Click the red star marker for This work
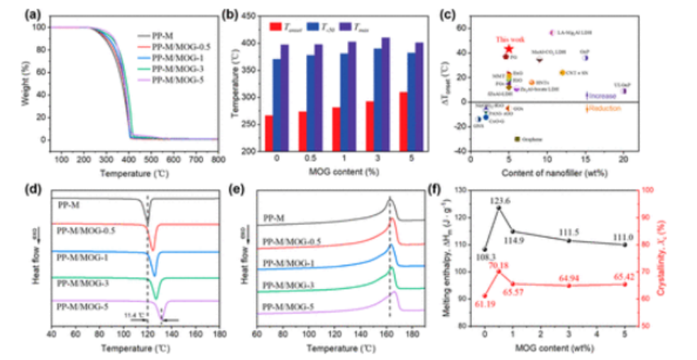point(509,48)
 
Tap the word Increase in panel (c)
point(603,94)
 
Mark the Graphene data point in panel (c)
point(517,138)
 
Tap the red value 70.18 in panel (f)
point(499,265)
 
